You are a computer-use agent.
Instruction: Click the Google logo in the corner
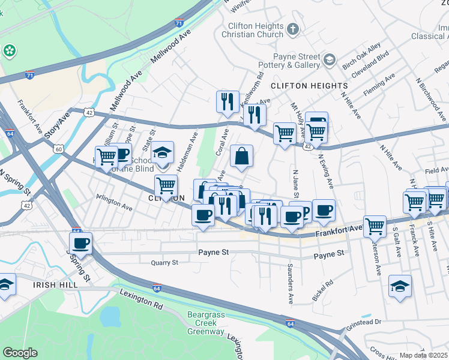pos(20,353)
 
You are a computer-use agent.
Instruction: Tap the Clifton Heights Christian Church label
pos(255,30)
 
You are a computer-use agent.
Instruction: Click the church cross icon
pos(292,28)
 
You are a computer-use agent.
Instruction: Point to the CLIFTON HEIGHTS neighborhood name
pos(309,86)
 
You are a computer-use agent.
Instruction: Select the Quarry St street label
pos(164,263)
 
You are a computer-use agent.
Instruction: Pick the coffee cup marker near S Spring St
pos(80,243)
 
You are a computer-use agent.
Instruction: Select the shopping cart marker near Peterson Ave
pos(375,226)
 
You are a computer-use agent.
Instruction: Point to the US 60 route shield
pos(58,148)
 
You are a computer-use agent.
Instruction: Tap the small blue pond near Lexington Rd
pos(109,315)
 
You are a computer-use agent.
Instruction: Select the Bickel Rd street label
pos(322,290)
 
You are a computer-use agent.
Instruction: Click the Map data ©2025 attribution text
pos(423,355)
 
